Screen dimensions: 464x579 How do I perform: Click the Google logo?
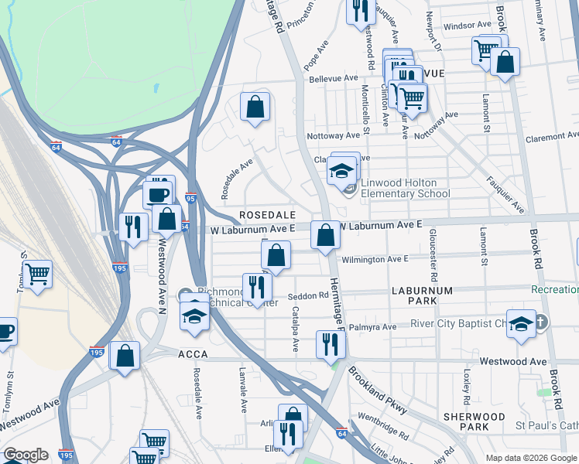(26, 455)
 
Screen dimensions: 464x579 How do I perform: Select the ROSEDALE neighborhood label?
(267, 213)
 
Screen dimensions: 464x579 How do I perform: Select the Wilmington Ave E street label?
(375, 259)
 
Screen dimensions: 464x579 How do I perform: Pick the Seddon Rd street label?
(307, 295)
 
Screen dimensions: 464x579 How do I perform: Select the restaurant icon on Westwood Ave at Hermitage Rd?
(331, 344)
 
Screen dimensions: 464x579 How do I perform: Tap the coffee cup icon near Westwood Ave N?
(157, 194)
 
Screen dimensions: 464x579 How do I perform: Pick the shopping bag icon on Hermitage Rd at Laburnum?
(325, 234)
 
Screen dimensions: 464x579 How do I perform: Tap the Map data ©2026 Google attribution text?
(530, 458)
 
